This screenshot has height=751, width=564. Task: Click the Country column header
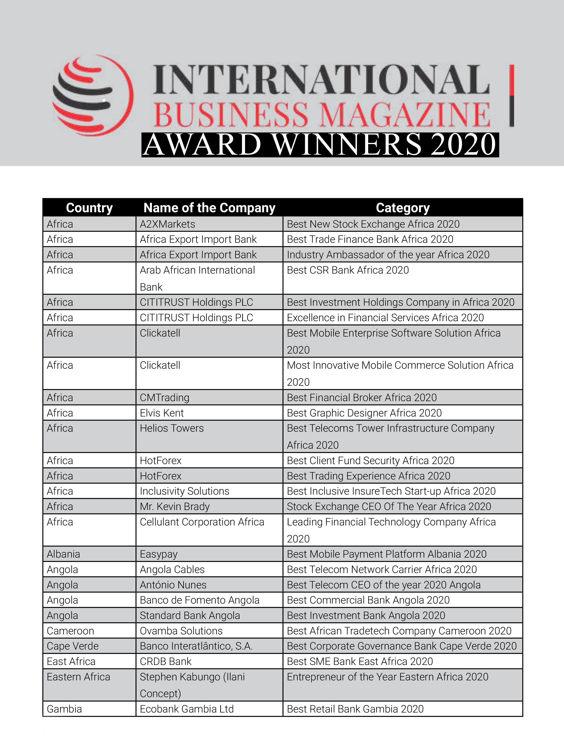(89, 208)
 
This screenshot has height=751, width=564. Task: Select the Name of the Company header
(209, 208)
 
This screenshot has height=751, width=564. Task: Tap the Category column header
(403, 208)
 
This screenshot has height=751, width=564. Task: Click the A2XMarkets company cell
(167, 224)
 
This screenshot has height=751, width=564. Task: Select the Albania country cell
(63, 554)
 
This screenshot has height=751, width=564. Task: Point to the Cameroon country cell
(70, 631)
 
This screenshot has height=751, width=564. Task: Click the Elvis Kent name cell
(162, 413)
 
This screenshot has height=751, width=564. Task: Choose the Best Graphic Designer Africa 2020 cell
(364, 413)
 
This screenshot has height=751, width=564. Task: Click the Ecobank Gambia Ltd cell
(186, 709)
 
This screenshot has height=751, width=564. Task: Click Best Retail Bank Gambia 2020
(355, 709)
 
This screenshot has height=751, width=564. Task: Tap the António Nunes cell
(173, 585)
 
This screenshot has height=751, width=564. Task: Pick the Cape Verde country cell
(73, 646)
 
